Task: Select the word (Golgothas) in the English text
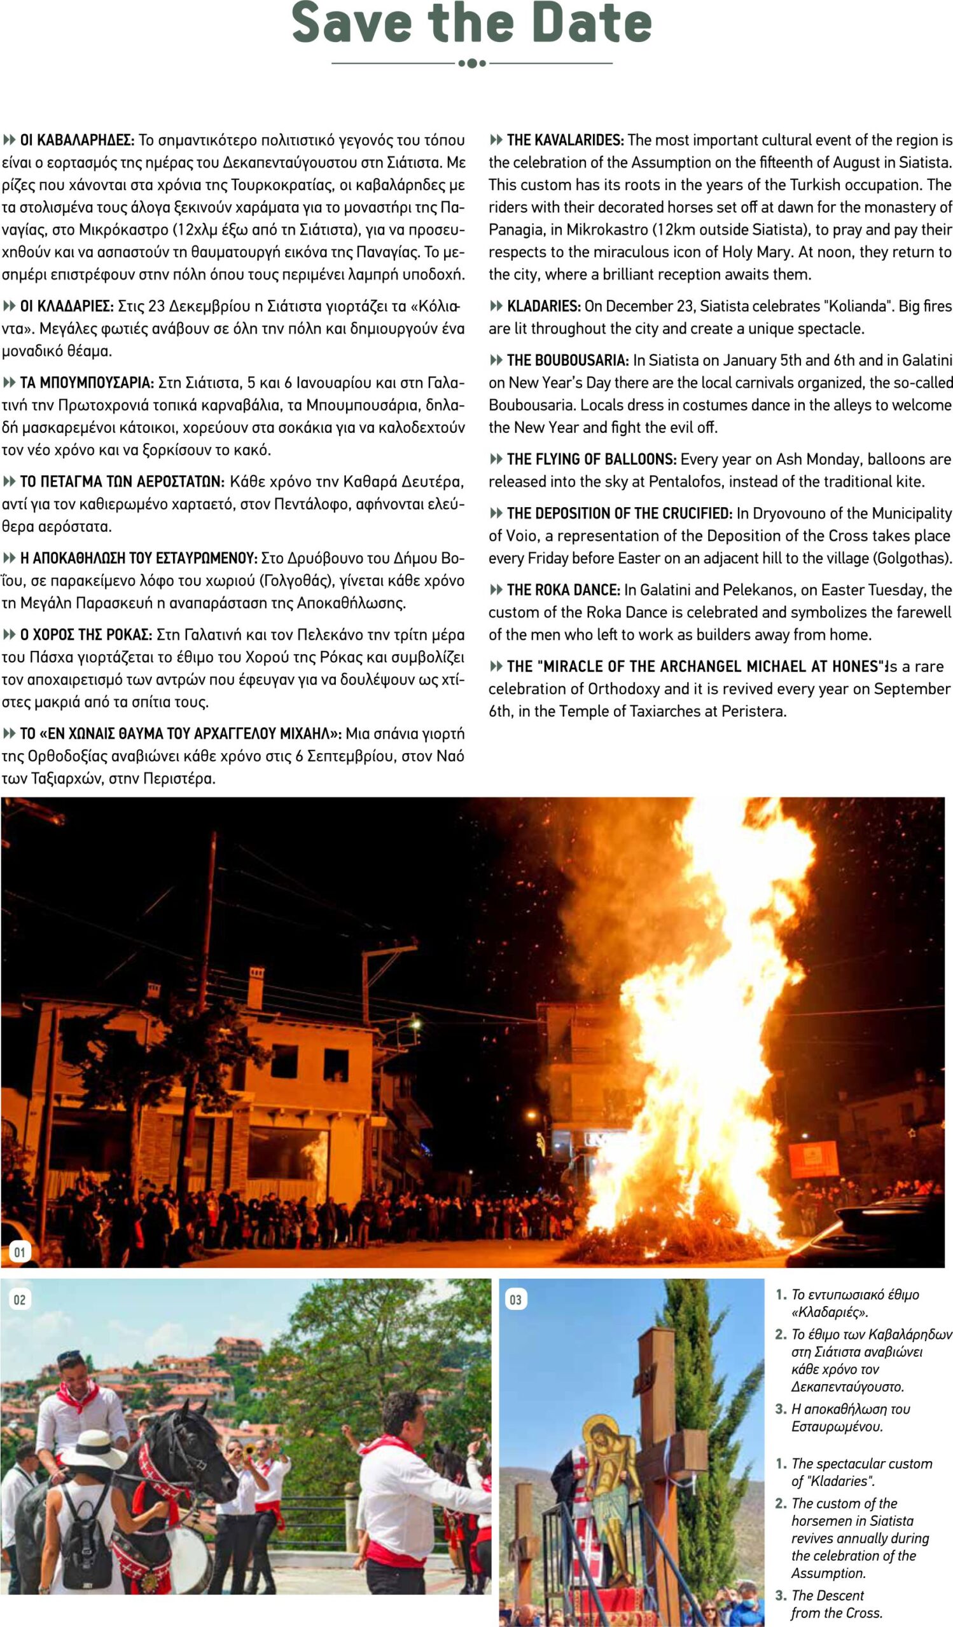click(x=912, y=559)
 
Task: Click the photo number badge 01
click(x=20, y=1253)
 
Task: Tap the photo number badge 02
click(x=20, y=1300)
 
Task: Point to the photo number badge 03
click(x=515, y=1300)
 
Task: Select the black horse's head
click(x=194, y=1447)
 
